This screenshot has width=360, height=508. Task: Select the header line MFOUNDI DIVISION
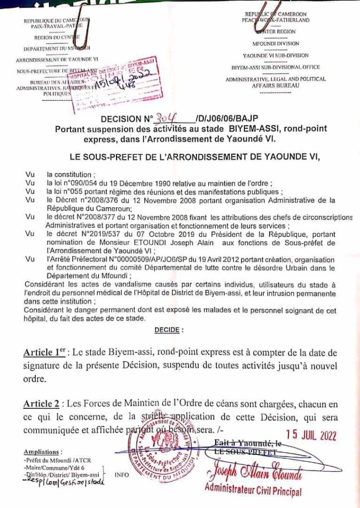click(278, 43)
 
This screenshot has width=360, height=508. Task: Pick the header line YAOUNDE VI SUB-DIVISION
click(278, 55)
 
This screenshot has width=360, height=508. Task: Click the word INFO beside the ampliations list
click(122, 475)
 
